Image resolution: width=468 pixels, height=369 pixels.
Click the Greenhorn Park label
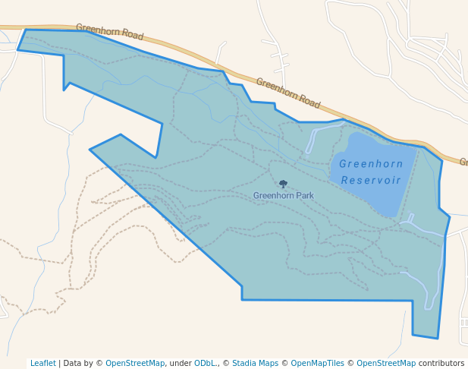pos(283,195)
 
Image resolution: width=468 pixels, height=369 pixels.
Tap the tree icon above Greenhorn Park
pos(283,184)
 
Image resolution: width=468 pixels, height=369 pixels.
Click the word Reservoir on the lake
pos(371,180)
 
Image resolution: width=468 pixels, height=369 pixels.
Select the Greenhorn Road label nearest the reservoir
pos(288,93)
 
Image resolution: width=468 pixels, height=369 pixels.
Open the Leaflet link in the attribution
pos(42,363)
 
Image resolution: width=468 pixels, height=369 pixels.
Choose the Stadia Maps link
pos(255,363)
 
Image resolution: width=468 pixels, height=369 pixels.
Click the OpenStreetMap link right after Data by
pos(136,363)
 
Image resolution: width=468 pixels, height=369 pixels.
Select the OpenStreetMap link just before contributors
pos(386,363)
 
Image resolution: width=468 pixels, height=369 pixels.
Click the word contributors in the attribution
pos(441,363)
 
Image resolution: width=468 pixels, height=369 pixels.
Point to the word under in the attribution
pos(181,363)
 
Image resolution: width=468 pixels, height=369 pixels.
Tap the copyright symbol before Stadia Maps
pos(226,363)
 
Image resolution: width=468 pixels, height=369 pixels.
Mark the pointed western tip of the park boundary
pos(90,150)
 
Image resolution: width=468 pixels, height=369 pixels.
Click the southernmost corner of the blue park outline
pos(438,338)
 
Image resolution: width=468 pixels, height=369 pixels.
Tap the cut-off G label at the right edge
pos(463,162)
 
